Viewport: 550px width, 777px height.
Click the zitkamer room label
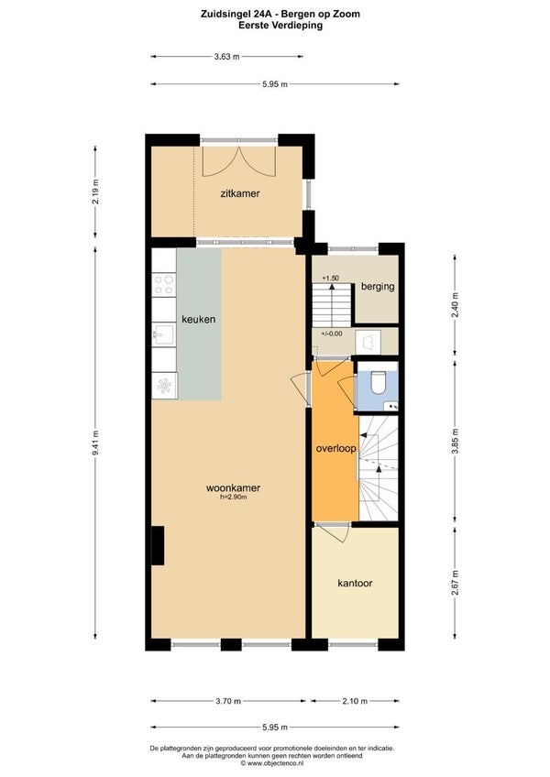(240, 193)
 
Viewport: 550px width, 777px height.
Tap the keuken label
(198, 319)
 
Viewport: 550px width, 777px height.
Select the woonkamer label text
(233, 488)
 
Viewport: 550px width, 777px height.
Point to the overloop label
(336, 449)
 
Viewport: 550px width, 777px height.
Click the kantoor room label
(355, 584)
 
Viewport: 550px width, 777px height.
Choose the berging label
(378, 287)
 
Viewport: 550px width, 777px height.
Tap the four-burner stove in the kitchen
(164, 284)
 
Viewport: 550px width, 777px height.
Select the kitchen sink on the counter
(163, 335)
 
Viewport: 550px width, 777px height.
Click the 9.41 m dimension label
(95, 442)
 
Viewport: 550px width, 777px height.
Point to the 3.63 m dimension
(226, 57)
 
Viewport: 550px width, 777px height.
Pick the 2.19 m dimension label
(95, 192)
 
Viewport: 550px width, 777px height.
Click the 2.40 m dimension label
(455, 305)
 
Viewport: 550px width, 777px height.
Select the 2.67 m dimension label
(455, 584)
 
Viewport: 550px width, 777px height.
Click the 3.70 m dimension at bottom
(228, 701)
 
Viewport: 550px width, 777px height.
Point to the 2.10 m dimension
(355, 701)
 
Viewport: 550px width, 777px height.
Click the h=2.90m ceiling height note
(234, 497)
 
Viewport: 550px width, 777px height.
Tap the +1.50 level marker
(330, 278)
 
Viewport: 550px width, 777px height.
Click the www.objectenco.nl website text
(275, 763)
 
